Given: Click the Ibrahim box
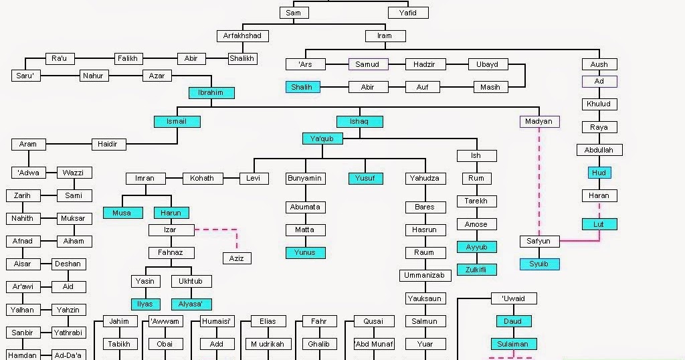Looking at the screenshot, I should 211,93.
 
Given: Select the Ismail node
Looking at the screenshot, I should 177,122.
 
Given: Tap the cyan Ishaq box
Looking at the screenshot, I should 360,122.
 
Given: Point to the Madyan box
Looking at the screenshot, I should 539,122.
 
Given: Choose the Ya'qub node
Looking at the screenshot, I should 322,139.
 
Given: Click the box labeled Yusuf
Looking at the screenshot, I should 365,179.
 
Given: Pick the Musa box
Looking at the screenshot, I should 122,213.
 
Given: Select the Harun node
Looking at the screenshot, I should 171,213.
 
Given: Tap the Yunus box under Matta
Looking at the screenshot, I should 305,253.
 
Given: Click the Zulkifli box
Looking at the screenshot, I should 476,270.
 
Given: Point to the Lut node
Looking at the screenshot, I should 599,224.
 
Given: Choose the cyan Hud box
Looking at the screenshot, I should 599,173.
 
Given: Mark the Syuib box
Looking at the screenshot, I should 539,264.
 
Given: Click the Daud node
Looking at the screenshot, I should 513,321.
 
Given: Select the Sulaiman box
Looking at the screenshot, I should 513,344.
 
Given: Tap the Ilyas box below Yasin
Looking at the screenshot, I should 145,304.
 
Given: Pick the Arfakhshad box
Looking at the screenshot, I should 242,36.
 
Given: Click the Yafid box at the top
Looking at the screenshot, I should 408,13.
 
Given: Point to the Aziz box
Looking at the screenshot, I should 237,258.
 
